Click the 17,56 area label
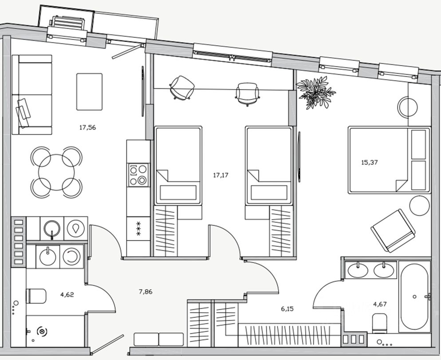pyautogui.click(x=87, y=127)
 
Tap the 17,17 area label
pyautogui.click(x=220, y=175)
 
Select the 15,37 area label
pyautogui.click(x=370, y=162)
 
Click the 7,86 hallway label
pyautogui.click(x=146, y=292)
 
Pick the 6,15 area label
pyautogui.click(x=287, y=308)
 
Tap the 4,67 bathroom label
pyautogui.click(x=380, y=304)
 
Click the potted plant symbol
pyautogui.click(x=315, y=92)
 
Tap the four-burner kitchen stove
pyautogui.click(x=138, y=175)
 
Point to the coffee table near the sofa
pyautogui.click(x=89, y=91)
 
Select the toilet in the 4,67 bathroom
pyautogui.click(x=380, y=323)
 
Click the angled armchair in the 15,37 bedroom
pyautogui.click(x=393, y=230)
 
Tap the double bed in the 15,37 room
pyautogui.click(x=389, y=160)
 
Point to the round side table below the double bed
pyautogui.click(x=419, y=206)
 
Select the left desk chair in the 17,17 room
pyautogui.click(x=182, y=87)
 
